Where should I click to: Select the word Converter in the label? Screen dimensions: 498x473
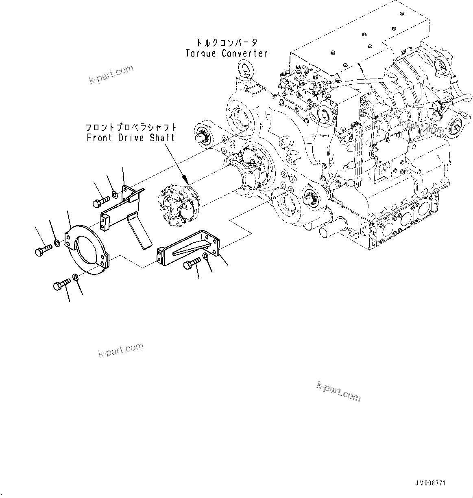pos(244,53)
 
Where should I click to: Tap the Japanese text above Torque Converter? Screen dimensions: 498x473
pos(227,43)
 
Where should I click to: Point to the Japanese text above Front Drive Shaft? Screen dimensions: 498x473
pos(131,127)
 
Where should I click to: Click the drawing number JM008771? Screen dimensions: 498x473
pos(430,483)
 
